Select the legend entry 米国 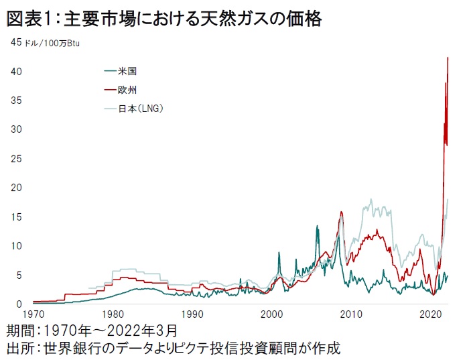coord(127,70)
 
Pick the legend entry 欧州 coord(127,89)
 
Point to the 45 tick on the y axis coord(17,43)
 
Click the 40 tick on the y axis coord(17,72)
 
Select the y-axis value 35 coord(17,101)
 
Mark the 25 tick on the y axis coord(17,159)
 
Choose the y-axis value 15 coord(17,217)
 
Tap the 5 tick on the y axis coord(20,275)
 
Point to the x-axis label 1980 coord(113,314)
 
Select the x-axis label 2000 coord(272,314)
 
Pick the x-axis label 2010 coord(352,314)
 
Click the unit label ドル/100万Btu coord(55,44)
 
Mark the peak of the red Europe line coord(448,58)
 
